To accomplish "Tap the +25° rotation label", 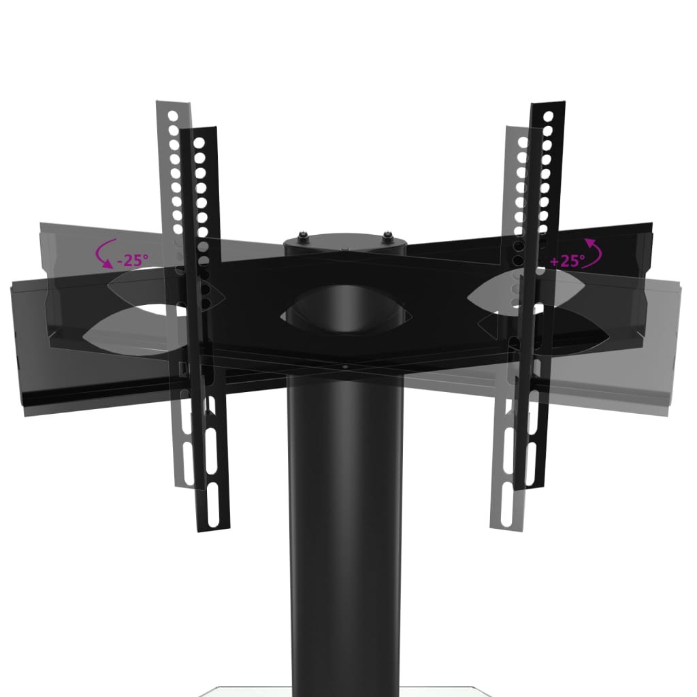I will (x=566, y=259).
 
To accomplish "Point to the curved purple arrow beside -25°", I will (x=106, y=255).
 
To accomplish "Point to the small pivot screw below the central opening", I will (x=345, y=367).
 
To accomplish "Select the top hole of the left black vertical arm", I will (x=199, y=144).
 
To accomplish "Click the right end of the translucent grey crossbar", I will (x=681, y=340).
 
